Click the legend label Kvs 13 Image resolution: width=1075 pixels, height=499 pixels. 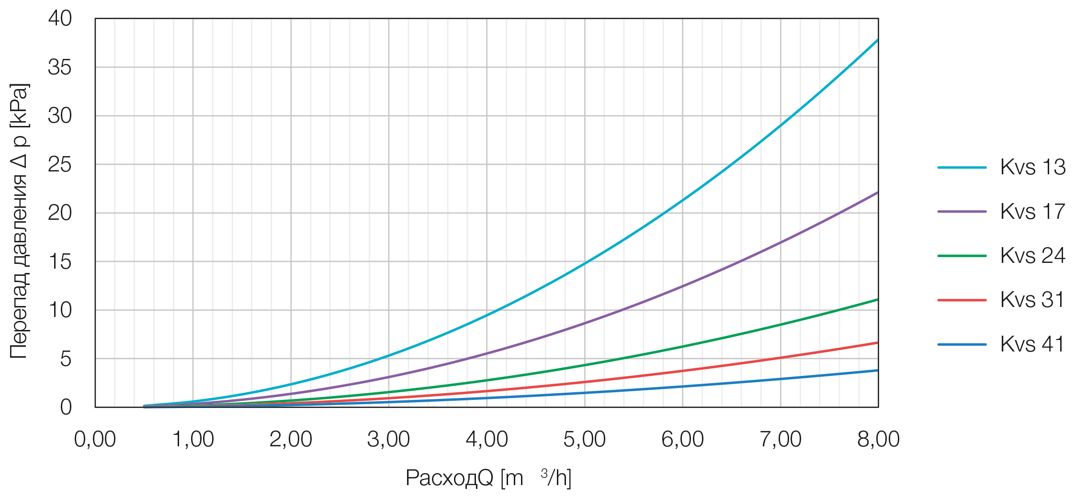1032,167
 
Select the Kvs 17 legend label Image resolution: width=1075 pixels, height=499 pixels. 1032,211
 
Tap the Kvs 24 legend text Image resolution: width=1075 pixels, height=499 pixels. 1032,255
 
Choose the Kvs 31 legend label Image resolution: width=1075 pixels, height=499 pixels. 1032,300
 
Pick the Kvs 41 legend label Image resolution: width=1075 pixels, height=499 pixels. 1032,344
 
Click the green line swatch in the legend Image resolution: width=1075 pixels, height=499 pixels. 962,256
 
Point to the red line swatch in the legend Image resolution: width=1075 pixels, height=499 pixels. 962,300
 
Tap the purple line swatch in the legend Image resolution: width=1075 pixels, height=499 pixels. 962,211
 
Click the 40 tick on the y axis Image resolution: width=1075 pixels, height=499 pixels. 60,19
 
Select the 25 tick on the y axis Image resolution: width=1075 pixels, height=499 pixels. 60,165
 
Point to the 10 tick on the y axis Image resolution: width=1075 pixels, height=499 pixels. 60,310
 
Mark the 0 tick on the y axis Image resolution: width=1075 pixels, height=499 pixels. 66,408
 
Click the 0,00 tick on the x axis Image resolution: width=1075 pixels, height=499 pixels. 95,439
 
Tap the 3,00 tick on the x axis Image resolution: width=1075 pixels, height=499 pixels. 388,439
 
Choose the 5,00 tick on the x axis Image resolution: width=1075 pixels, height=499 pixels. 584,439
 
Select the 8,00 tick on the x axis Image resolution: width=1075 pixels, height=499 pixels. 878,439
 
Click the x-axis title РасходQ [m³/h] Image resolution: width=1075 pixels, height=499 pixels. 488,478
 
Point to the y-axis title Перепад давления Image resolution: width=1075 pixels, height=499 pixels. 19,220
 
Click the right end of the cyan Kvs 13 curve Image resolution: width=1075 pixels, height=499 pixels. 877,40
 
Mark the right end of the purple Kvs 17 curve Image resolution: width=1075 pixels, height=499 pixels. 877,193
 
